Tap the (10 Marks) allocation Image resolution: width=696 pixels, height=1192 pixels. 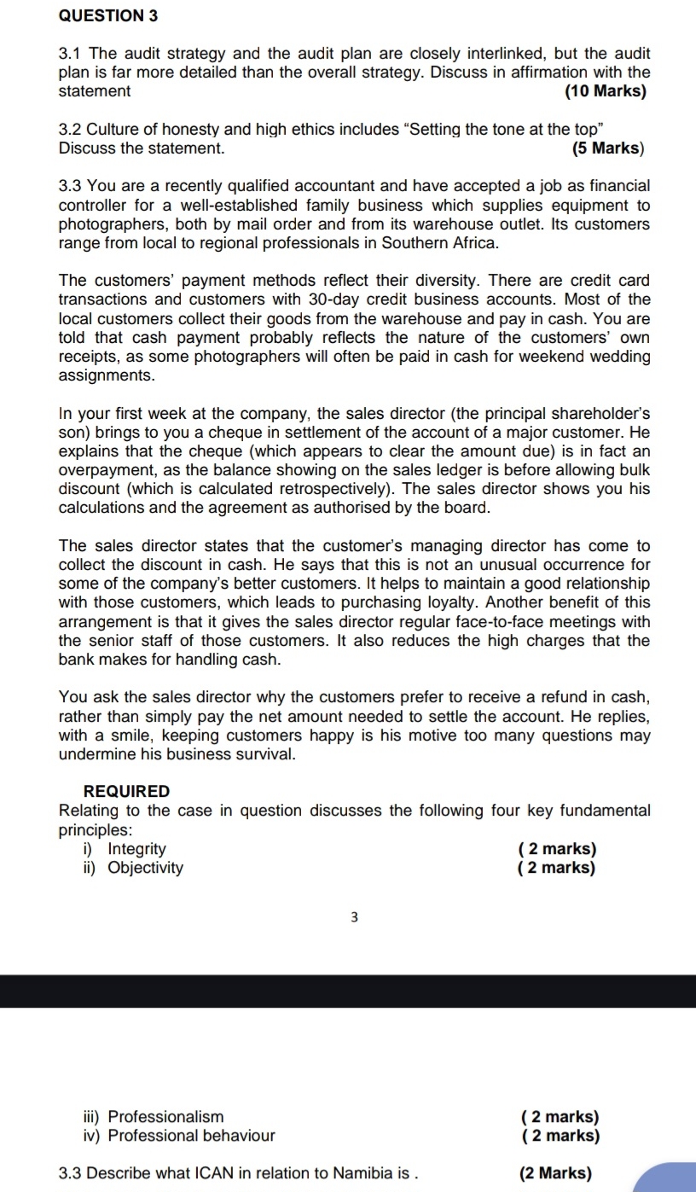[605, 90]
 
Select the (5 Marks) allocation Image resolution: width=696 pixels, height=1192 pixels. [607, 148]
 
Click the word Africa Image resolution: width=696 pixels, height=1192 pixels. [472, 242]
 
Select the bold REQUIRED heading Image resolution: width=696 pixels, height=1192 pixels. [127, 792]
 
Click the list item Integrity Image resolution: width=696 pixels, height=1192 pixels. [136, 849]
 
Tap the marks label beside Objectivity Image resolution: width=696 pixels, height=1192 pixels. [556, 868]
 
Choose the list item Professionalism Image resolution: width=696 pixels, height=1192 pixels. [165, 1117]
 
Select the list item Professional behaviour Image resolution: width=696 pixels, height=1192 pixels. [191, 1136]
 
